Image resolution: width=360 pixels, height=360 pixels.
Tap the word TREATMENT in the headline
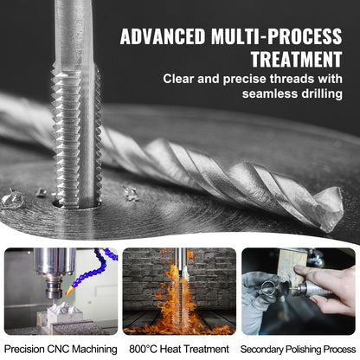[295, 59]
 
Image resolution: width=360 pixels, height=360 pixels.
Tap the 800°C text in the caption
[142, 349]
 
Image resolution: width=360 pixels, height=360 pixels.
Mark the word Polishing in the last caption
[307, 349]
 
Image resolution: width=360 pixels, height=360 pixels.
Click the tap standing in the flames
[178, 286]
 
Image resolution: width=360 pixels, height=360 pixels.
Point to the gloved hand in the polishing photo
[260, 299]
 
